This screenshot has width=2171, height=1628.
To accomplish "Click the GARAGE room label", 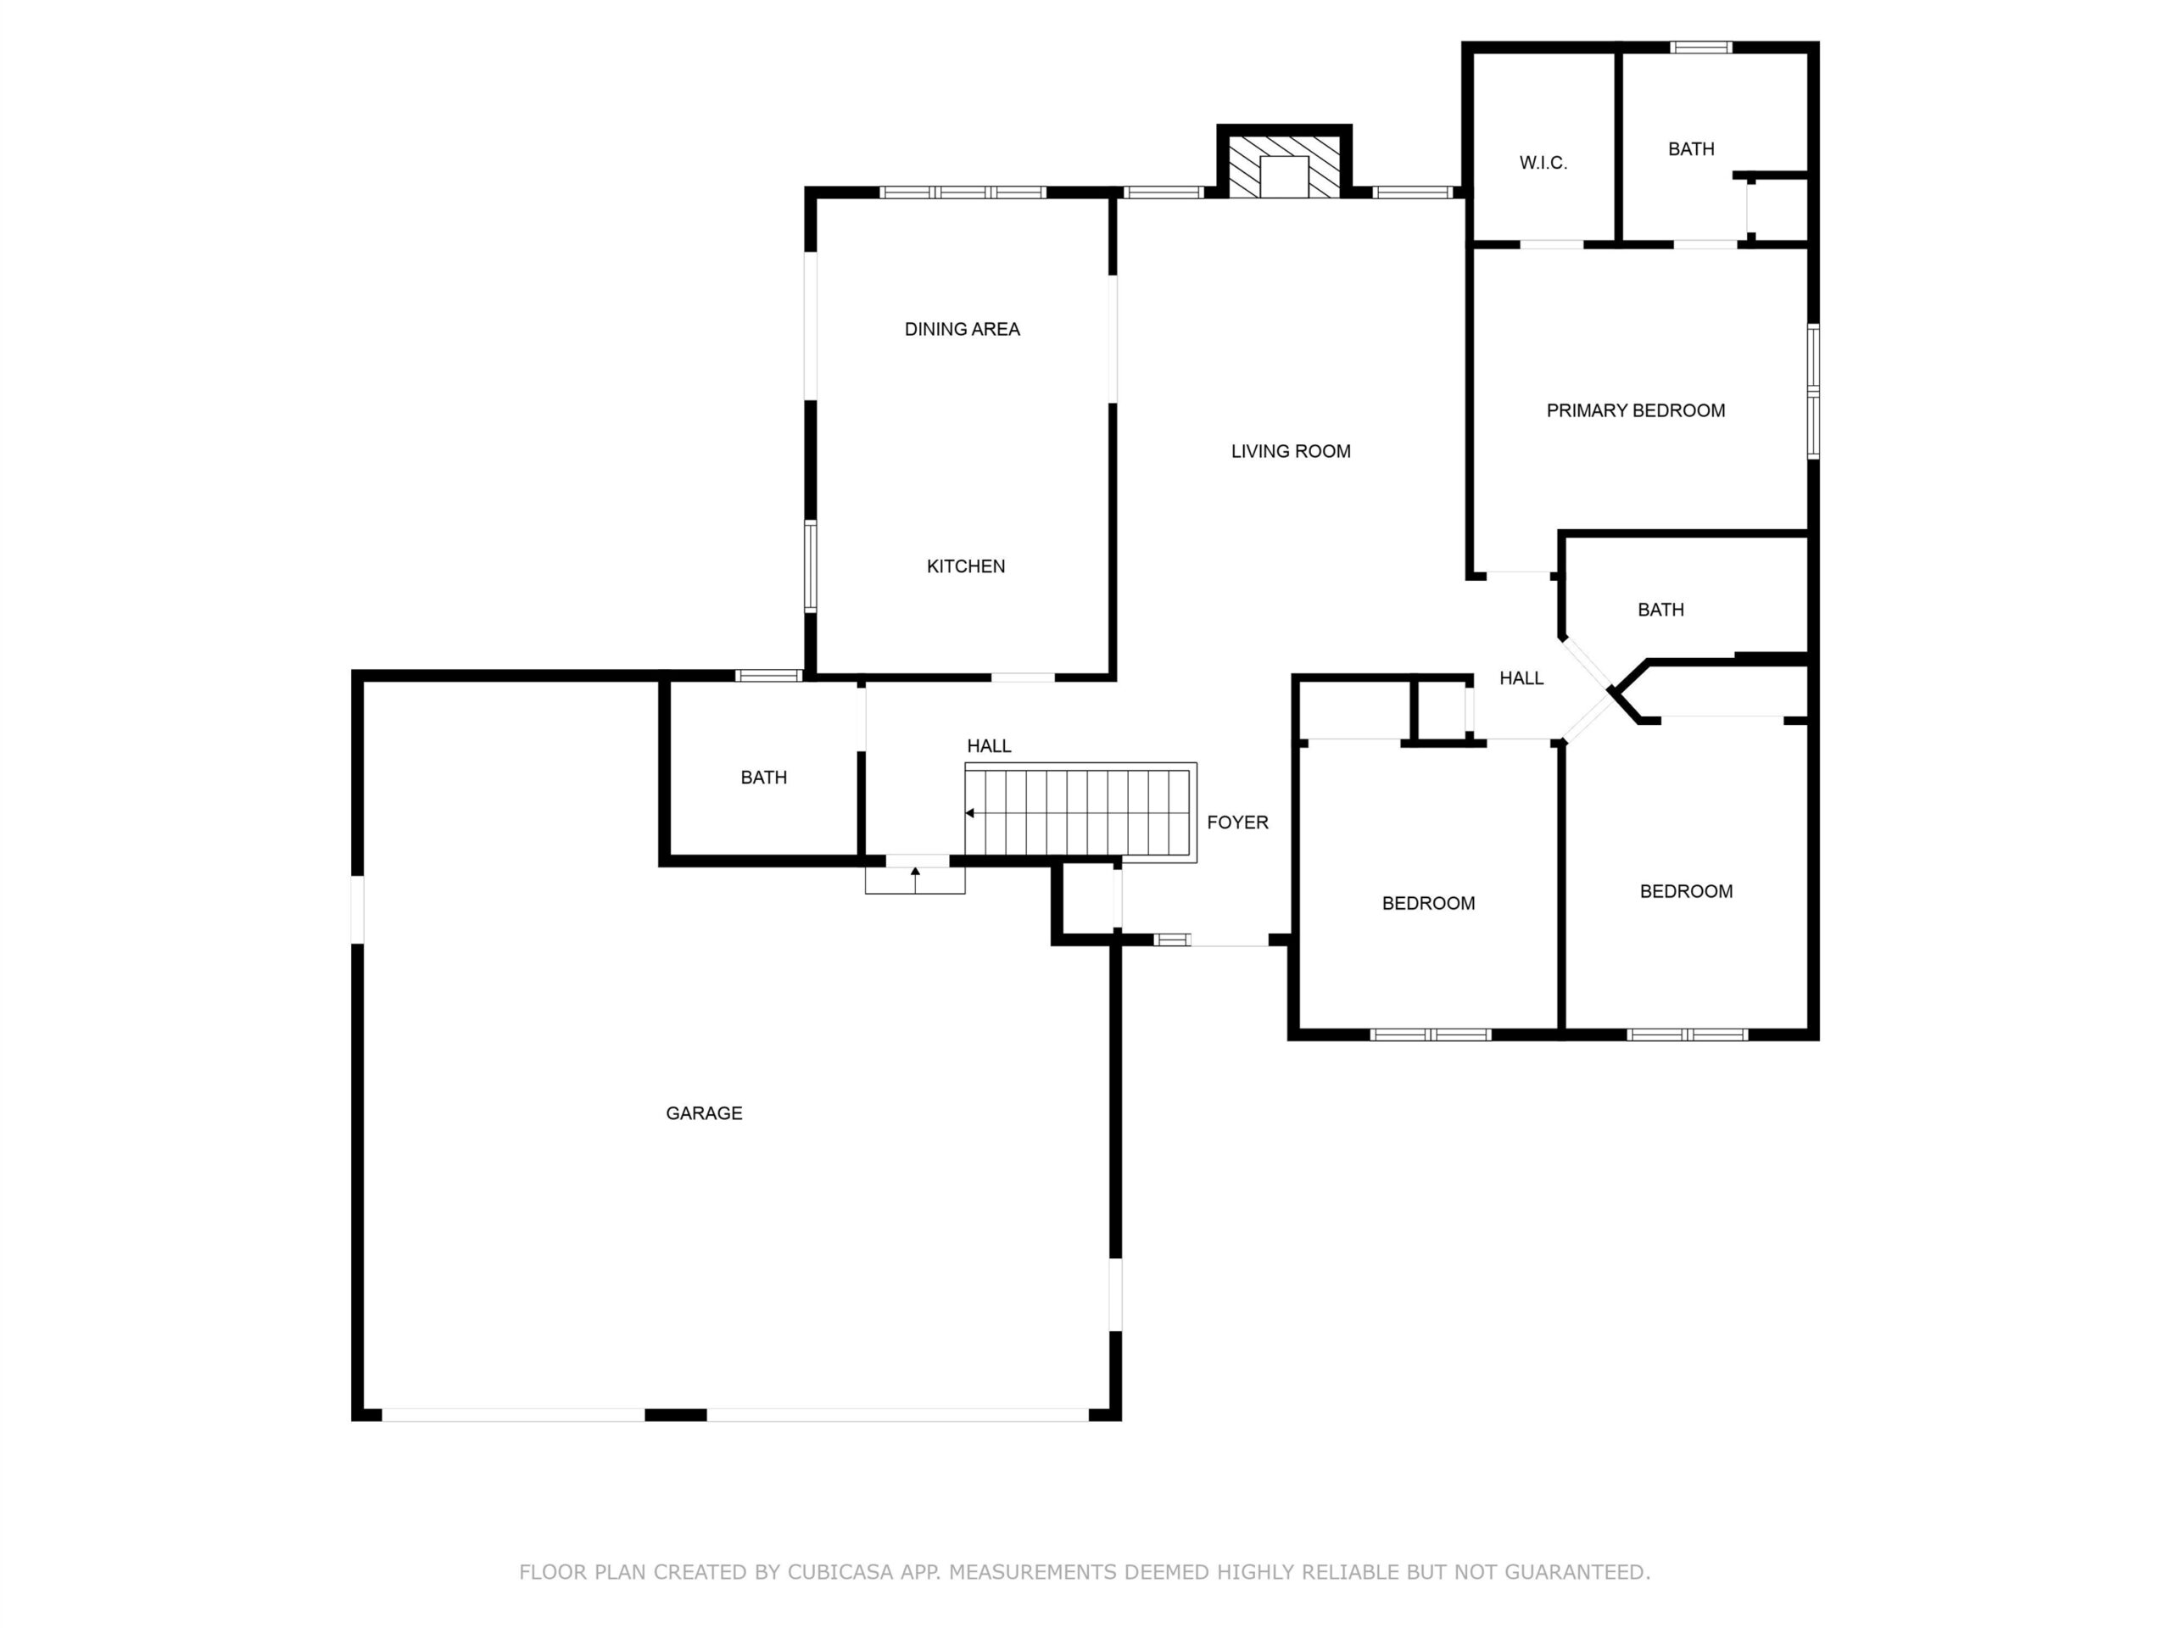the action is coord(704,1112).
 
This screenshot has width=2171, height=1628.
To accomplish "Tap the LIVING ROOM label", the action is coord(1291,451).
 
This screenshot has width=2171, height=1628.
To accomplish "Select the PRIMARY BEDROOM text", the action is coord(1635,411).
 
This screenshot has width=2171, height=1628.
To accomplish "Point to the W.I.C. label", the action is coord(1543,163).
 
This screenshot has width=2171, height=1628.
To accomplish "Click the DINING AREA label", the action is coord(962,330).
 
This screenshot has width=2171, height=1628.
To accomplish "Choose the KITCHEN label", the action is coord(966,566).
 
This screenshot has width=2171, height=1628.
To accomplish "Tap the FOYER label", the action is coord(1237,822).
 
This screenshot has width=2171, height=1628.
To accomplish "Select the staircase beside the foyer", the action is coord(1080,812).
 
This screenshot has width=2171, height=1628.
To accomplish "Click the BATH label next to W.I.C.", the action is coord(1691,149).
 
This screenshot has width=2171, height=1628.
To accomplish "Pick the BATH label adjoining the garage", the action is coord(763,778).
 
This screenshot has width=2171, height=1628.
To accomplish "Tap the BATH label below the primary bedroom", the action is coord(1660,610).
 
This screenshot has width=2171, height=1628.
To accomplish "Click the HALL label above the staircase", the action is coord(988,746).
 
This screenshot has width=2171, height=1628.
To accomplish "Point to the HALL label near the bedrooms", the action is coord(1521,678).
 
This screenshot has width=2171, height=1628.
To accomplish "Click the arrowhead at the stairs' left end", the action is coord(969,813).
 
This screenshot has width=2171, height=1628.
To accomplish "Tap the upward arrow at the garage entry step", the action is coord(915,879).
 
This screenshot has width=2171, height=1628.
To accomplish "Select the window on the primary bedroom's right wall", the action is coord(1814,392).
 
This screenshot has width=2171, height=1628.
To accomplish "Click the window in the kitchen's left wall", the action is coord(811,567).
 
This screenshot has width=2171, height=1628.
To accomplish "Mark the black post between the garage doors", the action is coord(675,1415).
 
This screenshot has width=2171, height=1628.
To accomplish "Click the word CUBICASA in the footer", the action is coord(840,1573).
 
